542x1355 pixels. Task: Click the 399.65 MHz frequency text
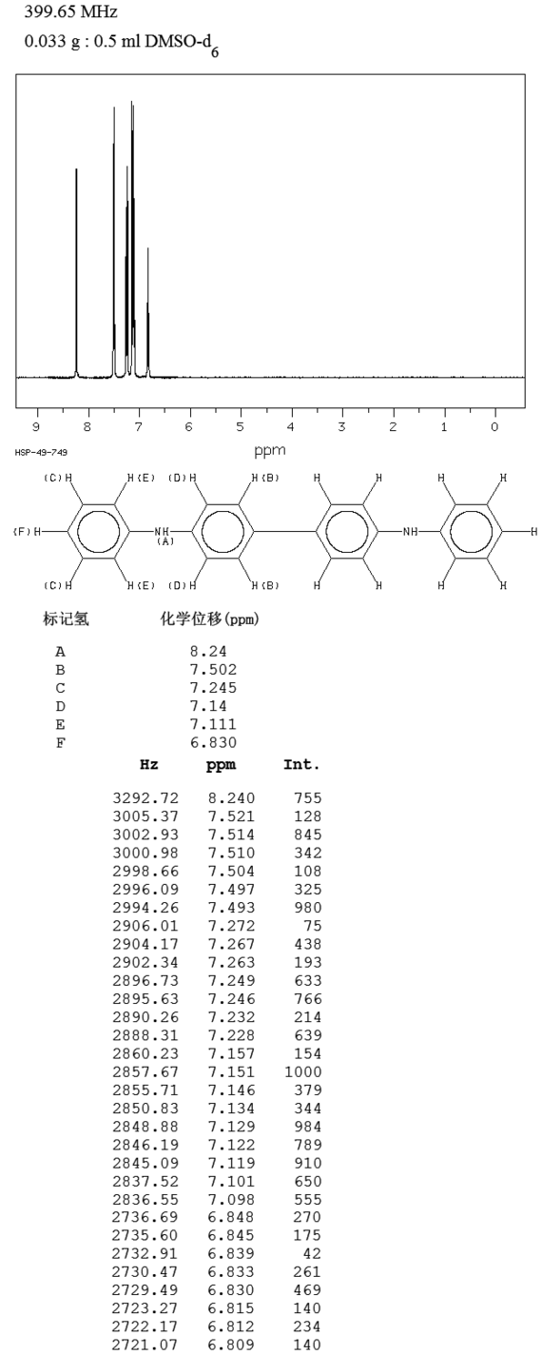pos(70,11)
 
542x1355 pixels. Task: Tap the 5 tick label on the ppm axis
pos(240,427)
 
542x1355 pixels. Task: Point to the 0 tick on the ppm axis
pos(494,427)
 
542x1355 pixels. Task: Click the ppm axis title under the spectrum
pos(269,451)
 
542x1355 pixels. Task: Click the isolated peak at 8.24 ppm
pos(76,272)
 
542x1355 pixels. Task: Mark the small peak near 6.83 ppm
pos(147,311)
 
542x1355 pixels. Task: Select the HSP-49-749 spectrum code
pos(41,453)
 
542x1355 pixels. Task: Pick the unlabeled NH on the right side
pos(410,532)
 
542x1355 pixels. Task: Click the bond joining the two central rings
pos(284,532)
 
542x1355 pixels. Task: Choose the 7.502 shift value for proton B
pos(213,670)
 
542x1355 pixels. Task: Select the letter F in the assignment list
pos(60,743)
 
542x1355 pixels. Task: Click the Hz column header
pos(148,764)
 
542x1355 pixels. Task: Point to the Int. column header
pos(301,765)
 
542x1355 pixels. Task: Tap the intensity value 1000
pos(302,1071)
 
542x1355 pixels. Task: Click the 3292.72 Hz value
pos(145,798)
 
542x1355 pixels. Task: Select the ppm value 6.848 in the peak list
pos(231,1217)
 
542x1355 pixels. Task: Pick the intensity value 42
pos(313,1253)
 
